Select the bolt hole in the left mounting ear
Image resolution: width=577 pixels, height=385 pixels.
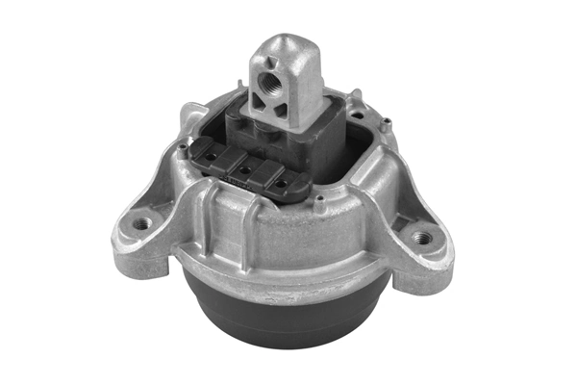click(142, 223)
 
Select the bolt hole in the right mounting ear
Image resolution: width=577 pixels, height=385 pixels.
click(420, 235)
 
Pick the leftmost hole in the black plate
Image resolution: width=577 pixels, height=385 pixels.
click(210, 156)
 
